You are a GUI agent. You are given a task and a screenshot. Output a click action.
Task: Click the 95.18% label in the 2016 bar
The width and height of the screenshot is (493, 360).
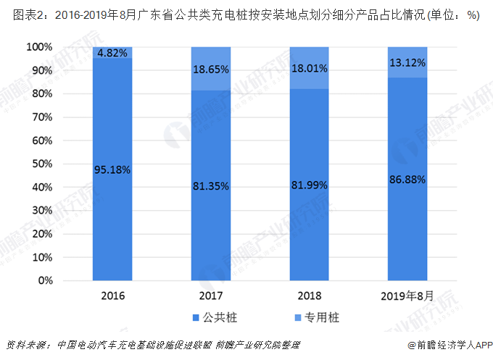click(x=112, y=170)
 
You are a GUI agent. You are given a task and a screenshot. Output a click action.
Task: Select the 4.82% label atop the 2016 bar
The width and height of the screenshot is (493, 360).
click(x=112, y=53)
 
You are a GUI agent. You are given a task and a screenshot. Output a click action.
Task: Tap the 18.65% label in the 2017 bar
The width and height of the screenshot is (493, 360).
click(x=211, y=70)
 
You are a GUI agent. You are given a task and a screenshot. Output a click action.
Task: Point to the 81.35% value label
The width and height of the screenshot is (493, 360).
click(x=211, y=186)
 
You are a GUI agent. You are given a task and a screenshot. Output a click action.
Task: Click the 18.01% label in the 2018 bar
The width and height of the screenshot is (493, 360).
click(x=309, y=69)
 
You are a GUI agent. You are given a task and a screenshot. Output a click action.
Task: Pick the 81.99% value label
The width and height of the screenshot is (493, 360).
click(x=309, y=185)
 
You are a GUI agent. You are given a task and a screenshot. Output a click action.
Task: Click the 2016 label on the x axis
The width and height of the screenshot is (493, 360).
click(x=112, y=296)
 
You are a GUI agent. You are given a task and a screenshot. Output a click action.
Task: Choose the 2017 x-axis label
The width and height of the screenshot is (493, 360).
click(x=211, y=296)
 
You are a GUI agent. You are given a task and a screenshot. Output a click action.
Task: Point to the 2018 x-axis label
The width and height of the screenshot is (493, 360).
click(x=309, y=296)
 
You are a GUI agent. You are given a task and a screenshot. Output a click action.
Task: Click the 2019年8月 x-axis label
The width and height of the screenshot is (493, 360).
click(x=407, y=296)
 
